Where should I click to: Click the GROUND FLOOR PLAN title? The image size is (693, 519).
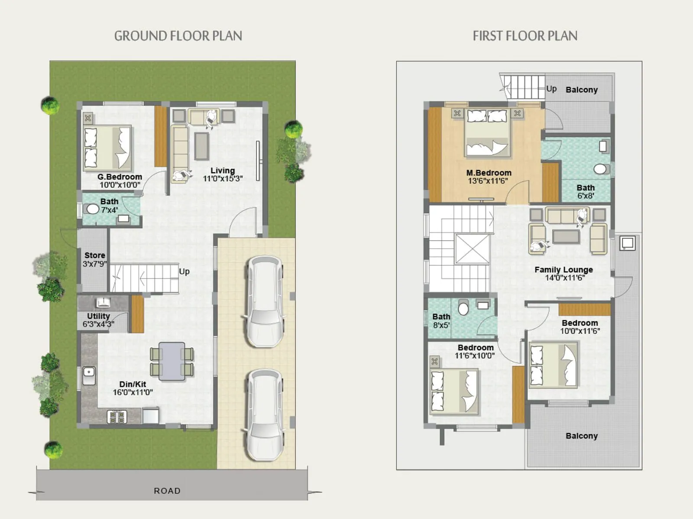tap(178, 36)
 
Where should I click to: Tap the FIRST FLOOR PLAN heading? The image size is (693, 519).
tap(525, 36)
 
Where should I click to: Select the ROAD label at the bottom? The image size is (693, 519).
tap(167, 491)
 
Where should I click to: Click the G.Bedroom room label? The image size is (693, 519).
tap(120, 177)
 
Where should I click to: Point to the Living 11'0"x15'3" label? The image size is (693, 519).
tap(223, 174)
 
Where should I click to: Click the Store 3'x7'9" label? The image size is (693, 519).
tap(94, 259)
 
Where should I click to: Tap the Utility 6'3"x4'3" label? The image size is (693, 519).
tap(98, 320)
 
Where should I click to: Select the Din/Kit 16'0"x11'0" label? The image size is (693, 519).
tap(133, 388)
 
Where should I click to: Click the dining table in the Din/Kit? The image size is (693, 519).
tap(172, 361)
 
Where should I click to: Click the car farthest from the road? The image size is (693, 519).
tap(265, 301)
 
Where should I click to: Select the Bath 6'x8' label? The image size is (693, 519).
tap(586, 191)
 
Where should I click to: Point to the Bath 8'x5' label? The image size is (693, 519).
tap(441, 320)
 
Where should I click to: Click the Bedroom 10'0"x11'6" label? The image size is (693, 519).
tap(580, 327)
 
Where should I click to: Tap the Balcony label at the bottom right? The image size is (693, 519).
tap(581, 436)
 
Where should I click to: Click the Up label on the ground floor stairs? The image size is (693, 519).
tap(185, 272)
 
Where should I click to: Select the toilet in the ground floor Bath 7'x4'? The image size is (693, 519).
tap(93, 209)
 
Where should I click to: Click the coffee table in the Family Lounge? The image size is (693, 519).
tap(566, 237)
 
